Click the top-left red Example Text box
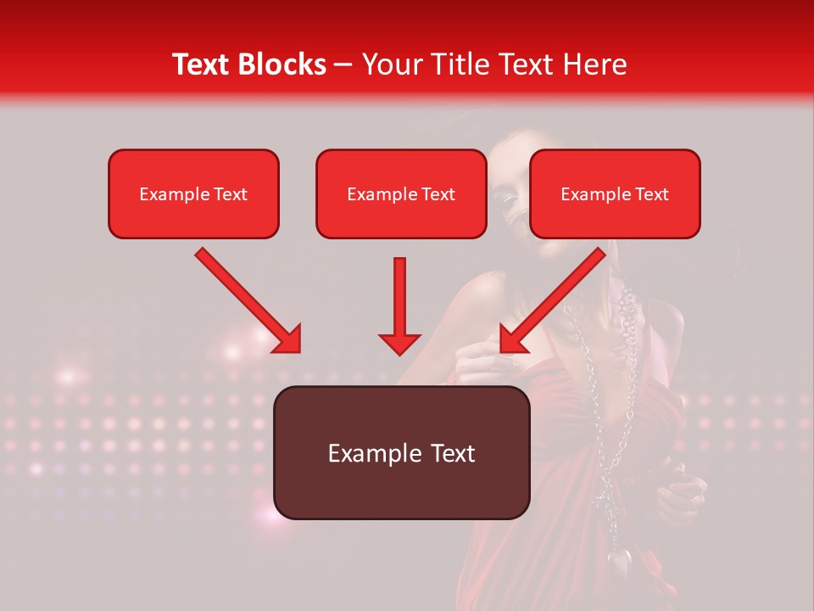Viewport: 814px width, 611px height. click(193, 193)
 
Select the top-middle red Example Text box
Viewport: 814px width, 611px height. click(401, 193)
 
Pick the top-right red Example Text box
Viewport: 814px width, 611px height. click(615, 193)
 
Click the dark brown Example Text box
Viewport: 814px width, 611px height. click(401, 452)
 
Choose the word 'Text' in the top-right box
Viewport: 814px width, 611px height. click(652, 194)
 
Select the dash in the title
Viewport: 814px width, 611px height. click(343, 65)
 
